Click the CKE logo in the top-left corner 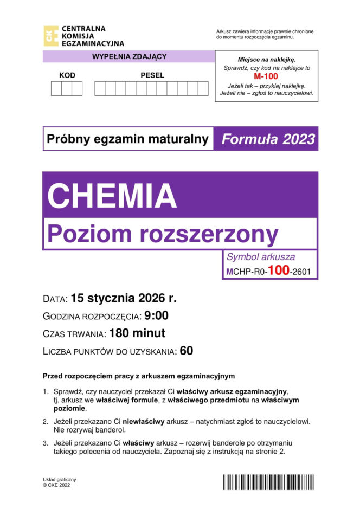pos(51,36)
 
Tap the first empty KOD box pos(56,88)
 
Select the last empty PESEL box pos(203,88)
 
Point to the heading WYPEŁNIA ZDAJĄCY pos(129,56)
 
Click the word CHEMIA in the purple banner pos(112,195)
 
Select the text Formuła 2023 pos(268,139)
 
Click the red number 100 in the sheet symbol pos(278,270)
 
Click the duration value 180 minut pos(137,333)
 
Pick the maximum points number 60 pos(187,351)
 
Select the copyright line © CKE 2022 pos(56,485)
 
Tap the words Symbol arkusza pos(261,257)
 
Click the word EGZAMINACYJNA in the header pos(93,43)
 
